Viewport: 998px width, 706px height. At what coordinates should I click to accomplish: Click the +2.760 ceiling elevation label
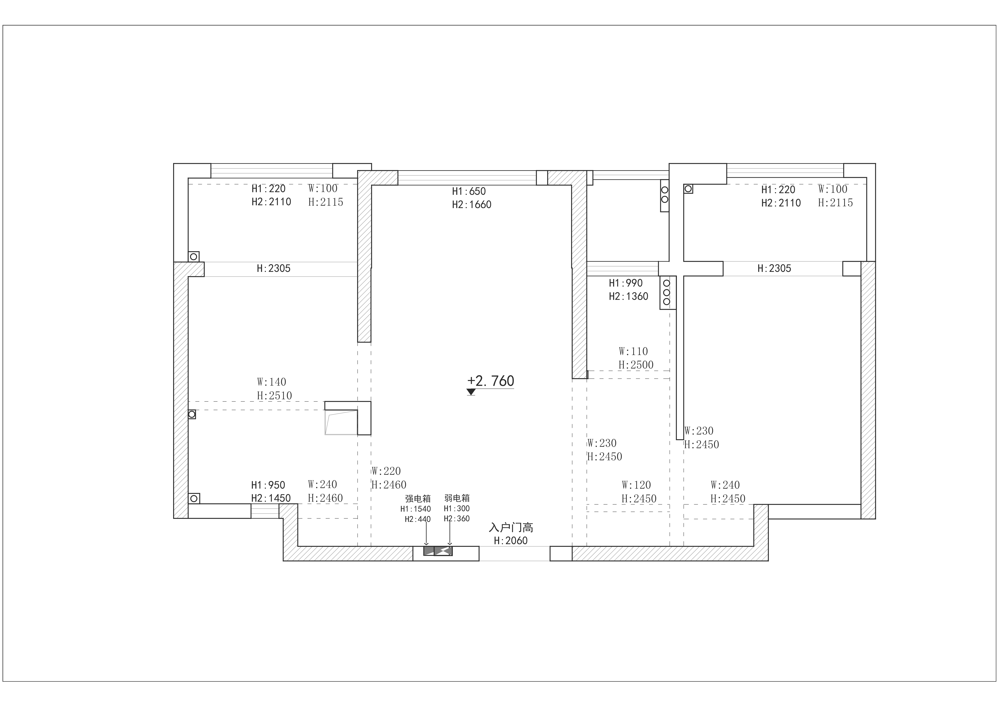(x=491, y=381)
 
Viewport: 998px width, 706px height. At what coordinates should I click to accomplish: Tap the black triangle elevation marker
(x=471, y=392)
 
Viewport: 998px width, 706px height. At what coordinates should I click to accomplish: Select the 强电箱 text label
(x=418, y=499)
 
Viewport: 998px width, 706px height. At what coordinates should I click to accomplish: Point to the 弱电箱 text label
(x=457, y=498)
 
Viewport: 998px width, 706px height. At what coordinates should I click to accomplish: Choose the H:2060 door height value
(x=511, y=541)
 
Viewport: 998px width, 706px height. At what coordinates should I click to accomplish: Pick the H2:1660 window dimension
(x=472, y=204)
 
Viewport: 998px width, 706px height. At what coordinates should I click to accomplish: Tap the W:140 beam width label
(x=272, y=382)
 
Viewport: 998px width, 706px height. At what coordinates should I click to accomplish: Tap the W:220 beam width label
(x=386, y=471)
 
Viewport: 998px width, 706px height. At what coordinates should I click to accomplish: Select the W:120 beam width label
(x=636, y=485)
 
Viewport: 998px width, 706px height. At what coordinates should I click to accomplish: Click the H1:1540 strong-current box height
(x=415, y=509)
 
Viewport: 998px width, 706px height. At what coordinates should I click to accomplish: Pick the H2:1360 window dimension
(x=629, y=296)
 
